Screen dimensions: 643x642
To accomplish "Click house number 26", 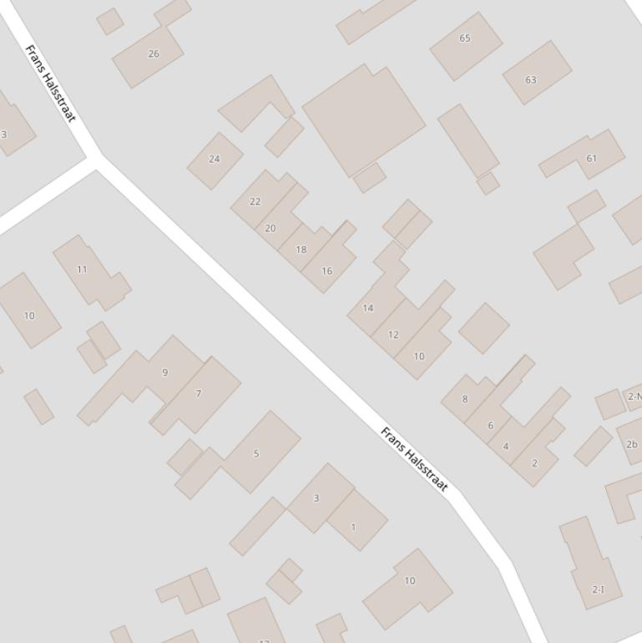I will point(153,53).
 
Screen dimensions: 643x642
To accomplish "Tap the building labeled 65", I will point(465,38).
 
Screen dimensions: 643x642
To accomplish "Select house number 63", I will point(531,80).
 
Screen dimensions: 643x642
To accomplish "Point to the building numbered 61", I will point(592,158).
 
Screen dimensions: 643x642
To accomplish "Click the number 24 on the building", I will point(215,159).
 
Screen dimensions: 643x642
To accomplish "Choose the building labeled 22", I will point(255,201).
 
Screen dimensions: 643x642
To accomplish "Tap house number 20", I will point(270,228).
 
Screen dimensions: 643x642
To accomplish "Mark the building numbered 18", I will point(301,249).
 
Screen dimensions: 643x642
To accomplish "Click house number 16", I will point(326,271).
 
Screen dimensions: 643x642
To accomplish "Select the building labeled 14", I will point(368,308).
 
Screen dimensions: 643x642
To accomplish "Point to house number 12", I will point(393,335).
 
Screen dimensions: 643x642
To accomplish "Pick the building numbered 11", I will point(82,269).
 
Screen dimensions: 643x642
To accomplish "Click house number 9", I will point(165,372).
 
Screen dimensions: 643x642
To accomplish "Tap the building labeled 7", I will point(199,393).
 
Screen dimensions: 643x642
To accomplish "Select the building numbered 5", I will point(256,453).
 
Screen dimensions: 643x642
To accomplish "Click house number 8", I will point(465,399).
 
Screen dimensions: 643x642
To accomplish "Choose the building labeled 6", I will point(490,425).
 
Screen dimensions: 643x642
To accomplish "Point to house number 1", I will point(353,527).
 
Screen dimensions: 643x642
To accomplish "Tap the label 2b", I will point(632,444).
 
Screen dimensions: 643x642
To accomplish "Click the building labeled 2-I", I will point(598,589).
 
